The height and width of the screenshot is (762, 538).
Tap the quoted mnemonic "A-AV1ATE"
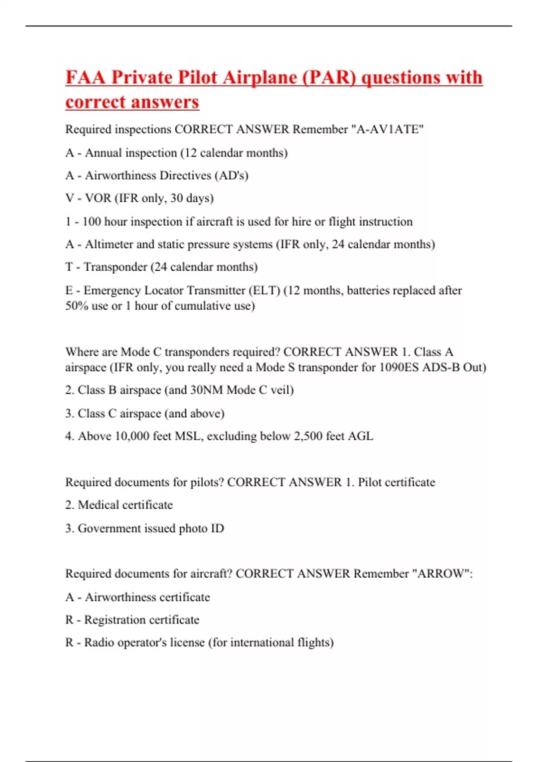tap(387, 130)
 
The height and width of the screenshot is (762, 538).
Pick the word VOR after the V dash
tap(98, 198)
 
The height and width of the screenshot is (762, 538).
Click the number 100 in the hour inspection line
tap(92, 221)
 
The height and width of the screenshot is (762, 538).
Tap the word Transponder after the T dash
tap(115, 267)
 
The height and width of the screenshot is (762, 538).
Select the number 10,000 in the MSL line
tap(132, 436)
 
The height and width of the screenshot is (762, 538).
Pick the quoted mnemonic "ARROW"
tap(440, 574)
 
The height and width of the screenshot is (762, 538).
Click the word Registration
tap(115, 620)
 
